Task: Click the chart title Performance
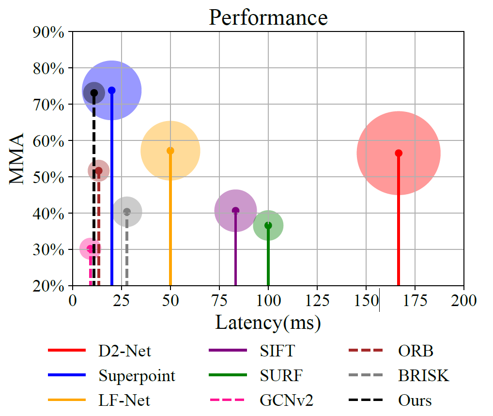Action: (268, 17)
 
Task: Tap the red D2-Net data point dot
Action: (399, 153)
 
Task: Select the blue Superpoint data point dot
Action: (112, 91)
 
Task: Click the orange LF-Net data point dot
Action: (170, 151)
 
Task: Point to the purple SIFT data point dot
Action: (236, 211)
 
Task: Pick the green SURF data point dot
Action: (268, 225)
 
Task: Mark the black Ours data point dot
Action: (94, 93)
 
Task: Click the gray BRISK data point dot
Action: (127, 212)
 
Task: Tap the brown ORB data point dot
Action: (99, 170)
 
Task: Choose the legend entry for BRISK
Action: (423, 375)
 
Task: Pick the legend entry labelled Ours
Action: (415, 401)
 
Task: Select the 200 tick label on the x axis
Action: (463, 300)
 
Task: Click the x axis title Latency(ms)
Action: (268, 322)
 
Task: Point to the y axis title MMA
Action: (17, 159)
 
